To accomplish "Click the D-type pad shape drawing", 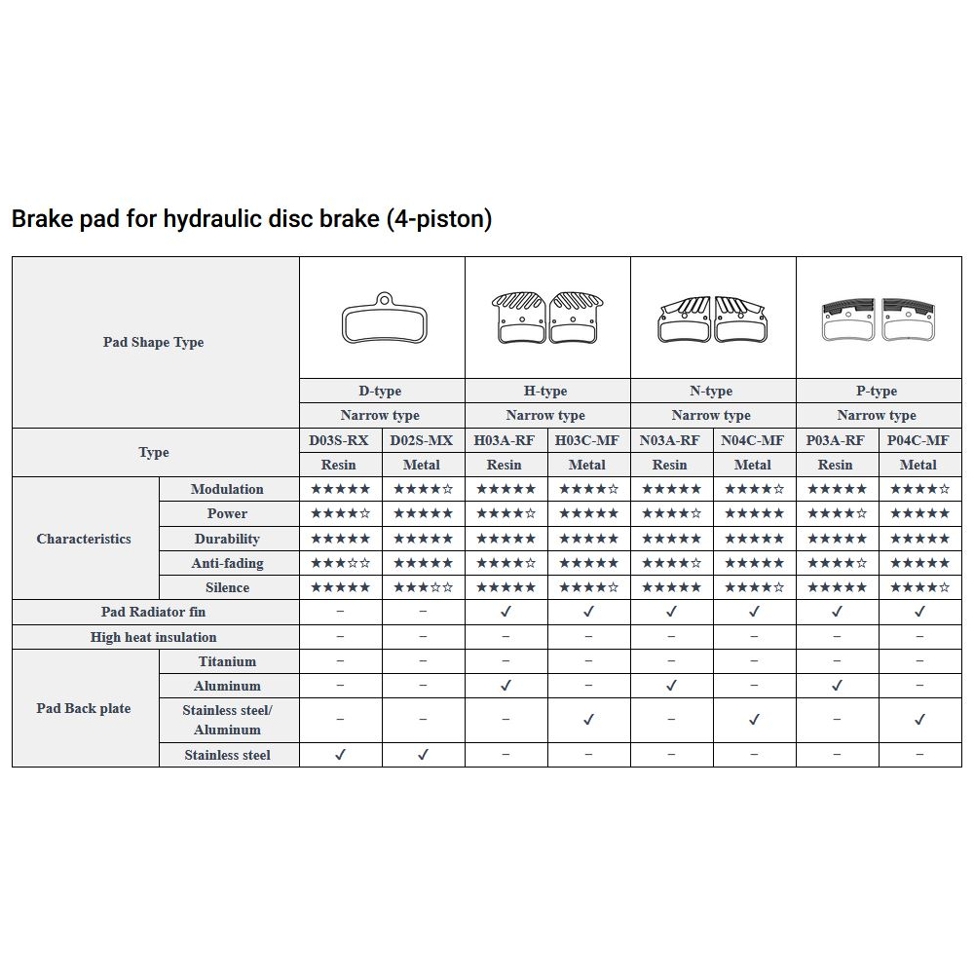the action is click(382, 318).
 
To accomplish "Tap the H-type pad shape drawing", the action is click(547, 318).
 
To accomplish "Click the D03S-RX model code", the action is click(339, 440).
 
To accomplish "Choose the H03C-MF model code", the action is click(587, 440).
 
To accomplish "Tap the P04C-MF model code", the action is click(918, 440).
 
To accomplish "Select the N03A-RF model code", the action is click(670, 440).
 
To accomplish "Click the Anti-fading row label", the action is click(227, 563).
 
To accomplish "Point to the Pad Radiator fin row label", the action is click(154, 612).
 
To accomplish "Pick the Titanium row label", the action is click(227, 661).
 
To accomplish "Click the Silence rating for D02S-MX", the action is click(423, 587).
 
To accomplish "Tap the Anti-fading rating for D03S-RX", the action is click(340, 563).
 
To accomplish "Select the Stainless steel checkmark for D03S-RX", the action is click(340, 755).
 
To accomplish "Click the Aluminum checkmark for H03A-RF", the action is click(506, 686).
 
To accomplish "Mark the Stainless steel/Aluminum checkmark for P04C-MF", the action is click(919, 720).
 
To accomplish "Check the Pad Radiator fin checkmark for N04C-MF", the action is click(754, 612).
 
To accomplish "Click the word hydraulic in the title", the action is click(217, 219).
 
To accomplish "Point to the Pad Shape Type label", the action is click(154, 342).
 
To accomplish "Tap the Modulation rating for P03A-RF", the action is click(837, 489).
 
